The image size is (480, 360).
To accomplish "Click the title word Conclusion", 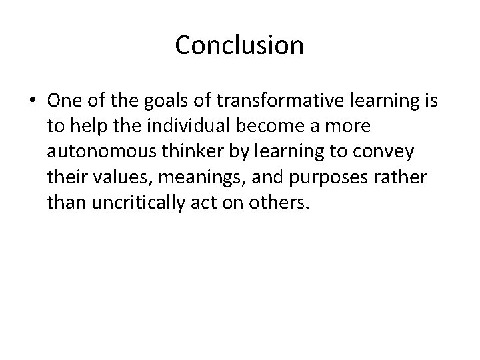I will tap(239, 45).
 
